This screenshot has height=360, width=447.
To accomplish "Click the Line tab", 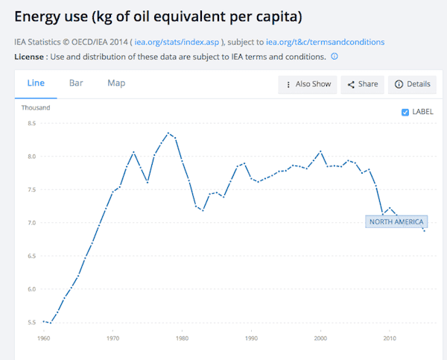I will (36, 83).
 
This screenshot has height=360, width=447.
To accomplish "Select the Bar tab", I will (76, 83).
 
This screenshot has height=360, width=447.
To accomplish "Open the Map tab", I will (117, 83).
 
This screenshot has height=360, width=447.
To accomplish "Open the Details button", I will (413, 84).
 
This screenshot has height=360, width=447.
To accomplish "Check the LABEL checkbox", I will (405, 112).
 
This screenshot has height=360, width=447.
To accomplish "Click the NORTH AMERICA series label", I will (396, 221).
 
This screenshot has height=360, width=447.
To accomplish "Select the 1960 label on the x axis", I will (45, 338).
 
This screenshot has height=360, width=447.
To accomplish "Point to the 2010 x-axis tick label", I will (389, 338).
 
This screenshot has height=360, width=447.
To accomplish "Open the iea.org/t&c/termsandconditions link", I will (325, 42).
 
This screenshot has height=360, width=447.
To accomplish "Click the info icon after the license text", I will (335, 57).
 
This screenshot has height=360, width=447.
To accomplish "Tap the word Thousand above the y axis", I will (36, 108).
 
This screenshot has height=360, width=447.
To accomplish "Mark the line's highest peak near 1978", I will (168, 133).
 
